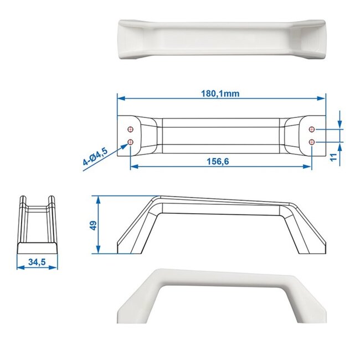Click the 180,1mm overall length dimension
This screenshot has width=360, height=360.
click(220, 93)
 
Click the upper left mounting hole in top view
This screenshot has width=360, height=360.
click(131, 130)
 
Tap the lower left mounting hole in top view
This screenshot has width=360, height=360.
click(131, 142)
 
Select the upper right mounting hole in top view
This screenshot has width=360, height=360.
click(312, 130)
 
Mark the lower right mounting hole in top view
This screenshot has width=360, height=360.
click(312, 142)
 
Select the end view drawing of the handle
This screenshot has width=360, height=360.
click(37, 224)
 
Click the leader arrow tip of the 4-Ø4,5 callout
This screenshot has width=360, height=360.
click(127, 146)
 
